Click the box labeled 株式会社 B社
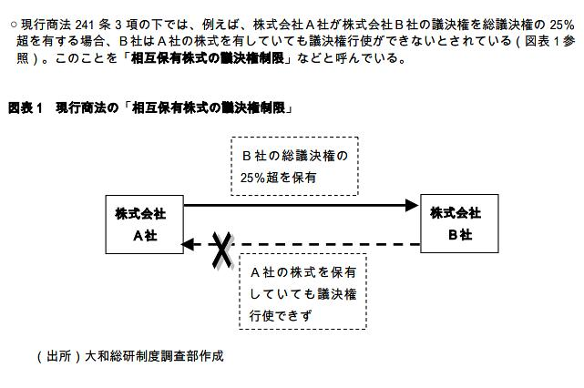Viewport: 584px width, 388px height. (456, 223)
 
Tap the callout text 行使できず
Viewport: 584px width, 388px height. (280, 315)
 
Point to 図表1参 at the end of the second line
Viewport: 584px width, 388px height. (547, 41)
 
